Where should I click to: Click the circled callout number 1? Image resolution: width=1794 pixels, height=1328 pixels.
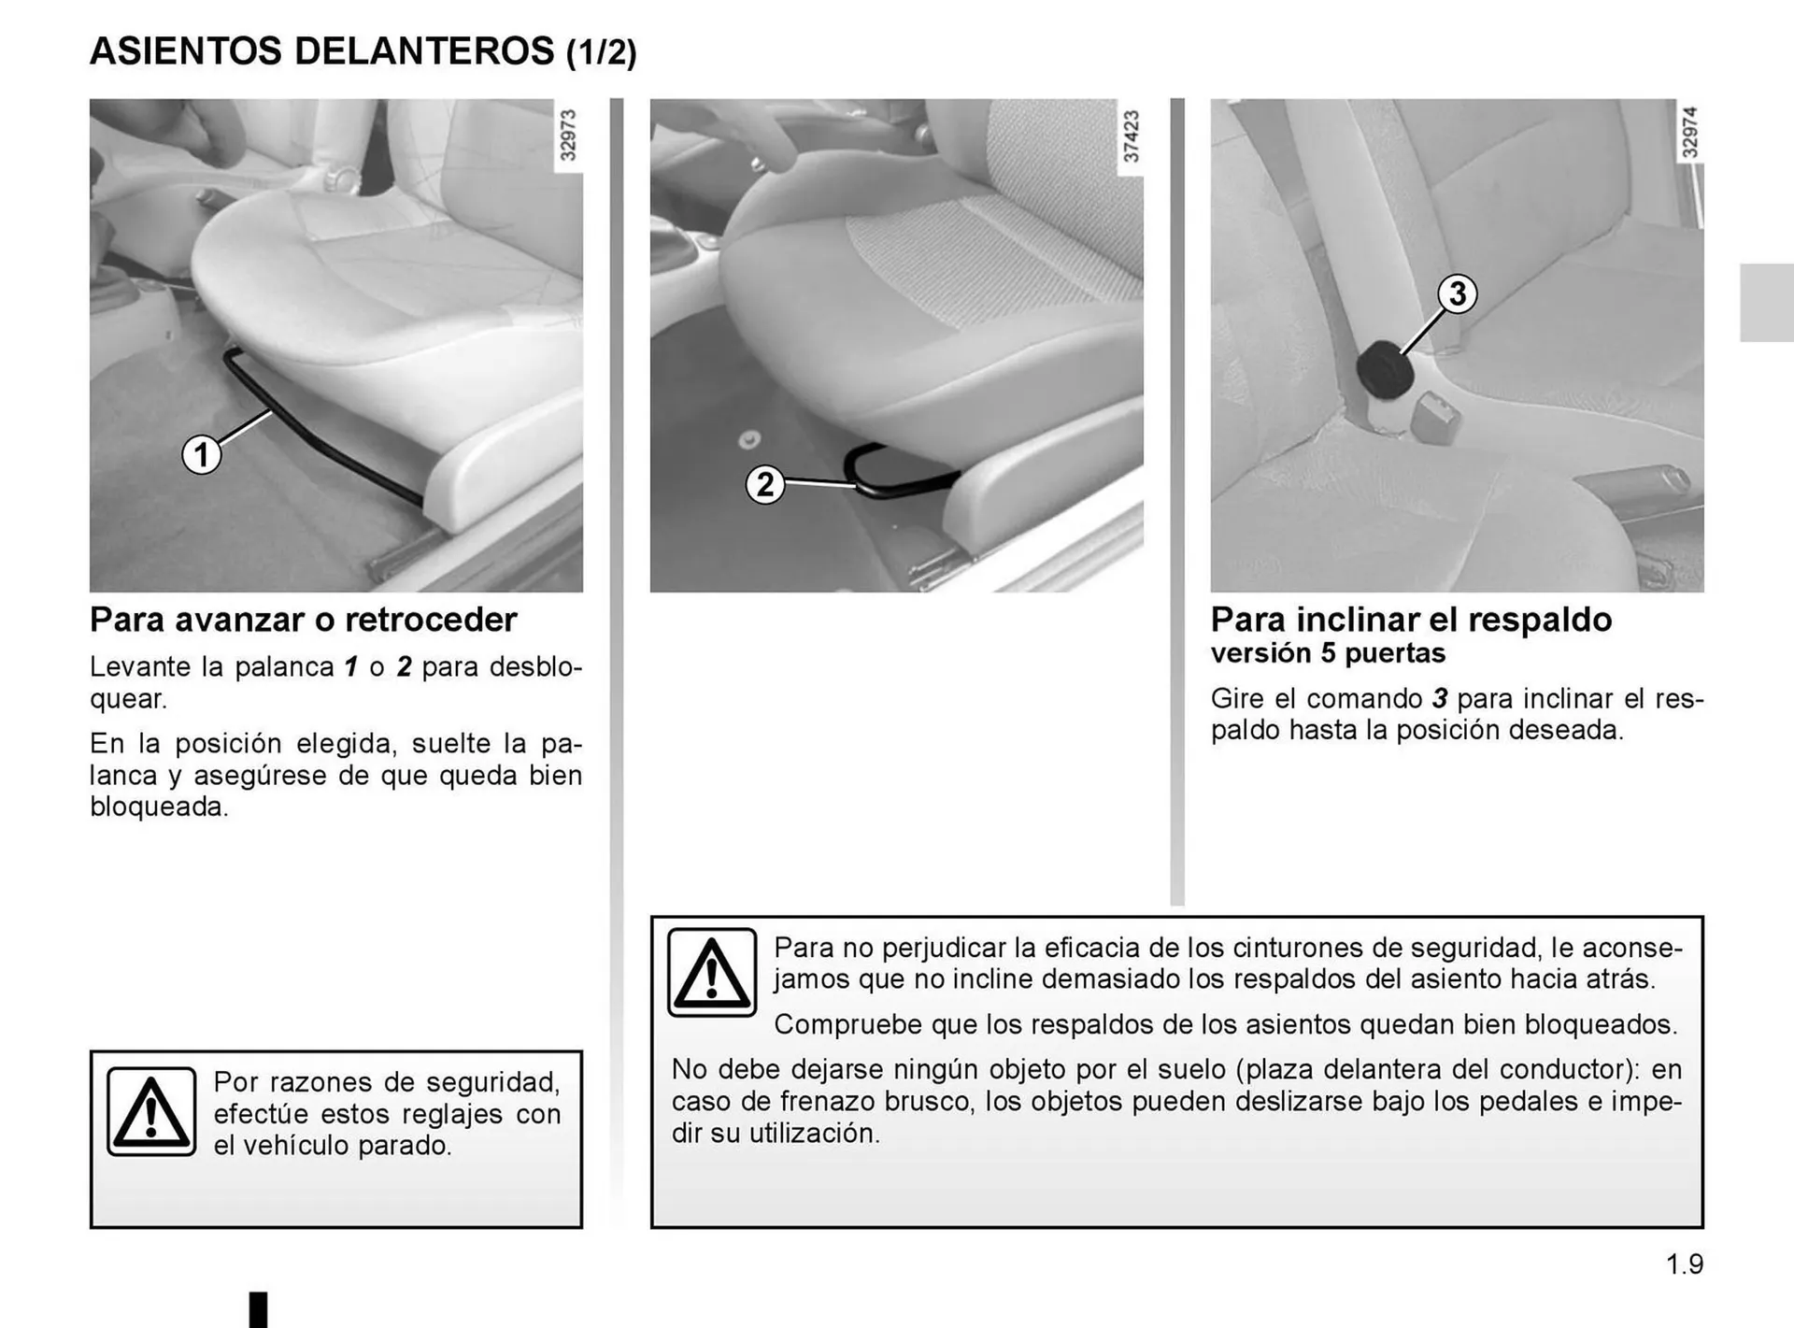(201, 455)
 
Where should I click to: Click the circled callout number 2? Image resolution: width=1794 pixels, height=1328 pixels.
(764, 485)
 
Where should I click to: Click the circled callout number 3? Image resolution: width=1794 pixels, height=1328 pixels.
(1457, 294)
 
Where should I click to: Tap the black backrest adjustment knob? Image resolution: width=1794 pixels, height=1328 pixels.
(1384, 370)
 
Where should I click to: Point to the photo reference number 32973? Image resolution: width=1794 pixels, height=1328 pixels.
(567, 135)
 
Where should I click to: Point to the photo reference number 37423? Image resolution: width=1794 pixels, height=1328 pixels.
(1131, 136)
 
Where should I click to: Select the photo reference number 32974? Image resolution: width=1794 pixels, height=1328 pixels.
(1689, 132)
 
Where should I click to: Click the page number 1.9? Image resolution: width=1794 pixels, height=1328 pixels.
(1684, 1264)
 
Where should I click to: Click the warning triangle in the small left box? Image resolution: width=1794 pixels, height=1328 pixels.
(151, 1112)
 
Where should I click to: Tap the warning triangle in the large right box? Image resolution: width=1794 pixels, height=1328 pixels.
(712, 973)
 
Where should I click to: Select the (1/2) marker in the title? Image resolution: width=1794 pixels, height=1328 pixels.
(601, 52)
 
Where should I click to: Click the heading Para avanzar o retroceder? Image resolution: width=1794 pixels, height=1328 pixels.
(303, 620)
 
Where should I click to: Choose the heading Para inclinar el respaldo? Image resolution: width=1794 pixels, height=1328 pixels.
(1411, 620)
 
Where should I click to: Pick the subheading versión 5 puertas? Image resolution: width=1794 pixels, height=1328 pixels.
(1327, 652)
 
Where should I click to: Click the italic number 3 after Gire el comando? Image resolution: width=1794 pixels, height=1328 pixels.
(1440, 698)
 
